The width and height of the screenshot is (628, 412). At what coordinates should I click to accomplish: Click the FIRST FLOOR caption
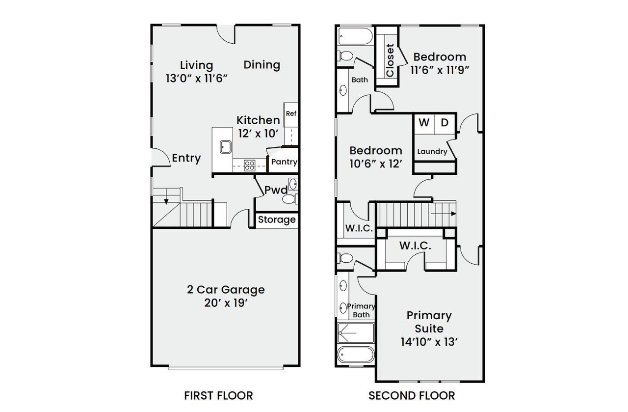coord(218,395)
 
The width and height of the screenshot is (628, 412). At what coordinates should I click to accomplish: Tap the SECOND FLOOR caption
coord(412,395)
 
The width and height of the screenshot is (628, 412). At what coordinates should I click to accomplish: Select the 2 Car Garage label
coord(226,290)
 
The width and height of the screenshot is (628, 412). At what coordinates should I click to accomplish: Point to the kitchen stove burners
coord(249,165)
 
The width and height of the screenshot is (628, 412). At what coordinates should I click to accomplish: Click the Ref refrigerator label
coord(291,113)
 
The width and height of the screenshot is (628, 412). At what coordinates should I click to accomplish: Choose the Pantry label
coord(284,162)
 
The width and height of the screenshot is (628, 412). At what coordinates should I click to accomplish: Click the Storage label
coord(277,220)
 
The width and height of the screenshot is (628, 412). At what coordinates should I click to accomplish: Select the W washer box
coord(424,123)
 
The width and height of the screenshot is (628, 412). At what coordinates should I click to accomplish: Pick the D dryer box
coord(445,123)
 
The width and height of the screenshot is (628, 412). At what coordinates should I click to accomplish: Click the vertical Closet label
coord(390,60)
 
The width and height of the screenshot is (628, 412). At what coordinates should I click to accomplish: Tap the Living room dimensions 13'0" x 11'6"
coord(196,78)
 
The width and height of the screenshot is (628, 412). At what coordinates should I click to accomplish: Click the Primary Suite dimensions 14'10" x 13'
coord(429,341)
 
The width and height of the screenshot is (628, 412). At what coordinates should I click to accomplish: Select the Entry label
coord(186,158)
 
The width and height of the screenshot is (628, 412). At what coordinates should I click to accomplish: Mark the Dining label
coord(262,65)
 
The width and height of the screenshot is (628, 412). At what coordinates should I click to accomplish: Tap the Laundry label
coord(432,151)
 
